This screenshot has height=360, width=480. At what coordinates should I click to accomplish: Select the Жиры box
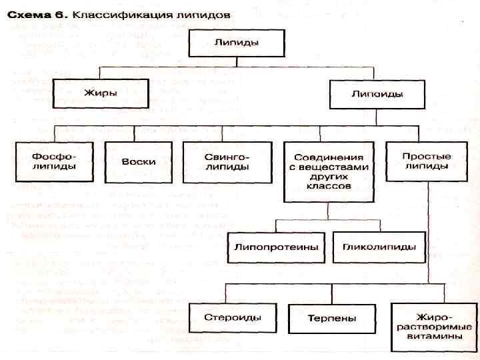click(x=100, y=93)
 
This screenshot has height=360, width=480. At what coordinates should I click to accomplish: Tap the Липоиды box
click(x=377, y=94)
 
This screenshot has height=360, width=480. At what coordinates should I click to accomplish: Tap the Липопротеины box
click(x=276, y=247)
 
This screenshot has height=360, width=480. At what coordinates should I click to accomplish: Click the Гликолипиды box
click(x=379, y=247)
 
